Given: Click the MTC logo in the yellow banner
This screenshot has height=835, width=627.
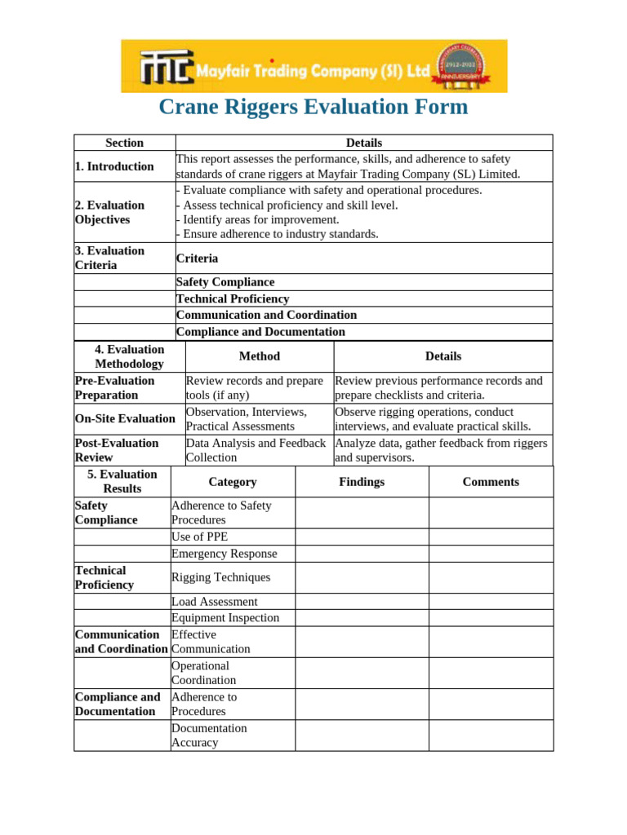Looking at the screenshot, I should [166, 68].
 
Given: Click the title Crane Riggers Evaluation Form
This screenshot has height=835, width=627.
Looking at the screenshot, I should [313, 107].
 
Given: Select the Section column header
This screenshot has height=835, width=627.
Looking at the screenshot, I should [124, 143].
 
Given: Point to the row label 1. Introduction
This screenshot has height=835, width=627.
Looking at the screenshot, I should [114, 166].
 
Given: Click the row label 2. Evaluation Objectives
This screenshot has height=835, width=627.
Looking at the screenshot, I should [110, 212].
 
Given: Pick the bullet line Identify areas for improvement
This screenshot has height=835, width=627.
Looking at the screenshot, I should [258, 219].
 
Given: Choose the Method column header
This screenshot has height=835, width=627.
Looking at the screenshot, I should [260, 356].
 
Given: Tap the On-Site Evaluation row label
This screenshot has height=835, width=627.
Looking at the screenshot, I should [125, 419].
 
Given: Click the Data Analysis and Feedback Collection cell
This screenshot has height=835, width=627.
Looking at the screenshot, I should [256, 450].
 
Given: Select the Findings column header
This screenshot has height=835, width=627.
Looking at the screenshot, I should [362, 482].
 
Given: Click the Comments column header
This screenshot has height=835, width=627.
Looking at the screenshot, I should [491, 482].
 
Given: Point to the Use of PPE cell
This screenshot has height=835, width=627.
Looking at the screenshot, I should [200, 537].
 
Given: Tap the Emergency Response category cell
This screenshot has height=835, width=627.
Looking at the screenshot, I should [225, 554].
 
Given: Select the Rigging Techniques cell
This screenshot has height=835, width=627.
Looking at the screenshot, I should [220, 577].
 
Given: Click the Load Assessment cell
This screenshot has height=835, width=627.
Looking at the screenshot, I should [215, 602].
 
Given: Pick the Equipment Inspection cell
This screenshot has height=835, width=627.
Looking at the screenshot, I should [225, 618].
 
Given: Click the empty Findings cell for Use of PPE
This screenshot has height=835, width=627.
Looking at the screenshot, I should [362, 537].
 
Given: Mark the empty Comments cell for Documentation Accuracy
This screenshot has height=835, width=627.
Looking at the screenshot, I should [491, 736].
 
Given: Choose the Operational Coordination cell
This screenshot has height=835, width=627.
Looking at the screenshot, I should [204, 673].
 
